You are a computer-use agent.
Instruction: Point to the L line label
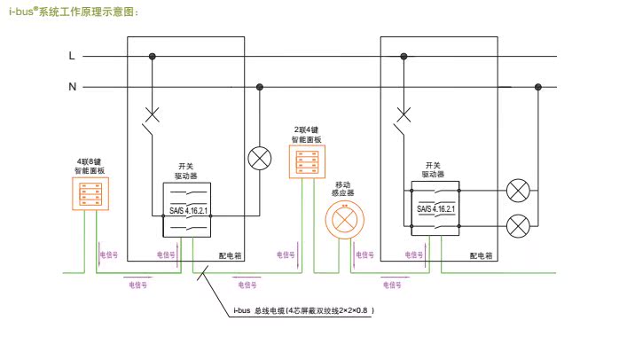pyautogui.click(x=73, y=56)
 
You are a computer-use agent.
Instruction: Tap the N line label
pyautogui.click(x=73, y=87)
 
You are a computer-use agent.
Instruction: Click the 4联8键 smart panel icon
pyautogui.click(x=90, y=193)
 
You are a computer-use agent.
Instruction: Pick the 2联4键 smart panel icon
pyautogui.click(x=307, y=161)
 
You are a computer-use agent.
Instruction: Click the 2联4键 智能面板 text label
pyautogui.click(x=307, y=134)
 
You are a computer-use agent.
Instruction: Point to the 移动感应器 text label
pyautogui.click(x=342, y=187)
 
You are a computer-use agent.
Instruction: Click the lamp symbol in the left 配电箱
pyautogui.click(x=259, y=157)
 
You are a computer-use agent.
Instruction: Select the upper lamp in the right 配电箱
pyautogui.click(x=518, y=190)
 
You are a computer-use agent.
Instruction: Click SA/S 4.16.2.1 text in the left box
pyautogui.click(x=187, y=211)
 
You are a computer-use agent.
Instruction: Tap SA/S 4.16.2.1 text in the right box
pyautogui.click(x=435, y=210)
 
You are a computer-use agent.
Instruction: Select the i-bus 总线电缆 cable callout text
pyautogui.click(x=303, y=311)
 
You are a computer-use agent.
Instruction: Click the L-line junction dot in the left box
pyautogui.click(x=153, y=56)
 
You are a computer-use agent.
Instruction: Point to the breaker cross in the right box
pyautogui.click(x=405, y=113)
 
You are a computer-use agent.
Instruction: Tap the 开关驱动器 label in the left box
pyautogui.click(x=185, y=171)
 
